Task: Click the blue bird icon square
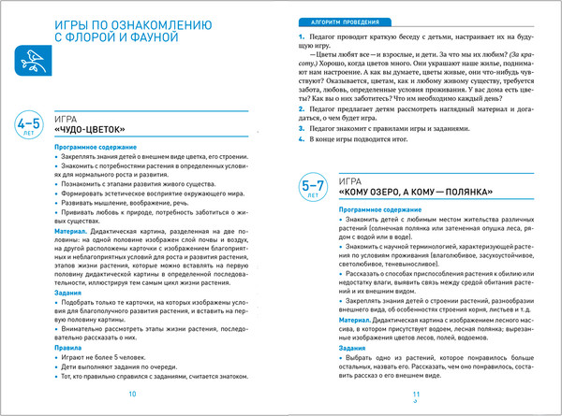(33, 62)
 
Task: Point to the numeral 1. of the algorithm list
(301, 34)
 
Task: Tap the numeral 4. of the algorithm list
(301, 139)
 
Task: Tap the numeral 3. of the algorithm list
(301, 129)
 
